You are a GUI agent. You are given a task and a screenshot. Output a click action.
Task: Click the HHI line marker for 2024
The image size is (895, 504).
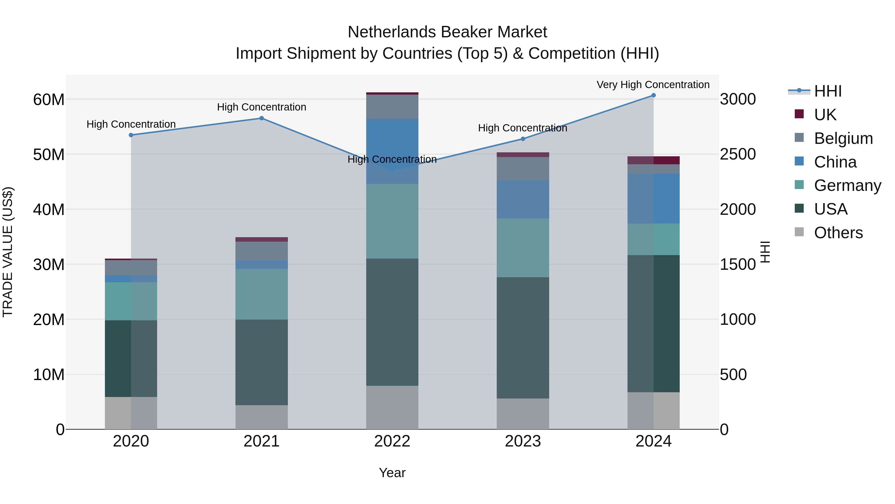click(x=653, y=95)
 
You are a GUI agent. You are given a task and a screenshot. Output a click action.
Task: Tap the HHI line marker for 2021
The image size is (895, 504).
click(x=262, y=118)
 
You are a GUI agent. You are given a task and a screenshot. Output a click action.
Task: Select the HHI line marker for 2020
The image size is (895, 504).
click(x=131, y=135)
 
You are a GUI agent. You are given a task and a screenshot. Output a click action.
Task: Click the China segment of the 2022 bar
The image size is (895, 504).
click(x=392, y=151)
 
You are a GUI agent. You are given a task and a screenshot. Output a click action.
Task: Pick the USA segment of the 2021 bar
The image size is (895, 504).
click(x=262, y=362)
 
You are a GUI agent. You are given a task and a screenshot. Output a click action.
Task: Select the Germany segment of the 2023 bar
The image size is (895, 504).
click(x=523, y=248)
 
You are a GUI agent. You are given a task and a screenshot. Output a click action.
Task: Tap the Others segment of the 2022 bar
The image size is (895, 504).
click(x=392, y=407)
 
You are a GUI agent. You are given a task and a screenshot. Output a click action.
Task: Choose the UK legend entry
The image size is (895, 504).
click(x=825, y=115)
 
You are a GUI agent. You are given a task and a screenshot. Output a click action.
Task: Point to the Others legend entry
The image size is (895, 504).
click(x=838, y=233)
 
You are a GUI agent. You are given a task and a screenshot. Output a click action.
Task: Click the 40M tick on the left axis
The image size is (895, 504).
click(x=49, y=209)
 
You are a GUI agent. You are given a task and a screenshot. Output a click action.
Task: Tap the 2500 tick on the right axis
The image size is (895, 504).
click(x=737, y=154)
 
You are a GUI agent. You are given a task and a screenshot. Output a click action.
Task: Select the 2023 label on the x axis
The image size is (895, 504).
click(x=523, y=441)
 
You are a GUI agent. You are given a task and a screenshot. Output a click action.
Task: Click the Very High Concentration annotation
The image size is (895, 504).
click(x=653, y=85)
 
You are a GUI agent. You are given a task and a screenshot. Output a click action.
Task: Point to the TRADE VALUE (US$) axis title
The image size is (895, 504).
click(x=8, y=252)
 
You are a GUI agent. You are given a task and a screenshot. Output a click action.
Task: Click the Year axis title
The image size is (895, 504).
click(x=392, y=473)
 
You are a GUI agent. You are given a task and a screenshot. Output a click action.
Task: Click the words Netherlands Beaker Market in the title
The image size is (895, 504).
click(x=447, y=32)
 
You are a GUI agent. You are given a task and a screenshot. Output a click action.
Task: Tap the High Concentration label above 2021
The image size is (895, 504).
click(x=262, y=107)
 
